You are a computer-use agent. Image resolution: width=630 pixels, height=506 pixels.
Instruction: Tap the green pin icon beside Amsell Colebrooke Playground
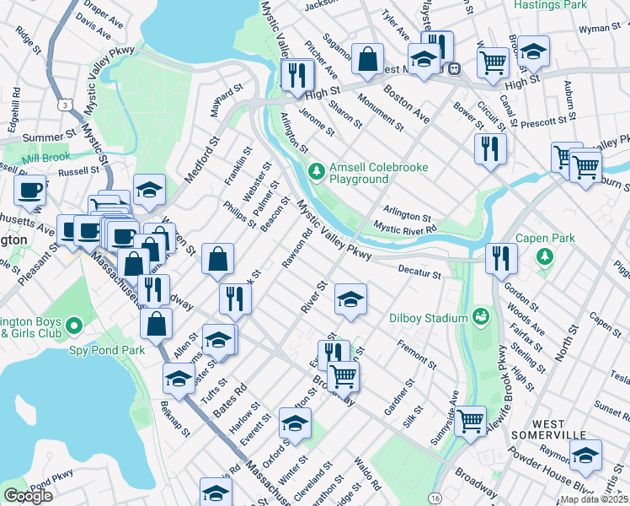tap(316, 172)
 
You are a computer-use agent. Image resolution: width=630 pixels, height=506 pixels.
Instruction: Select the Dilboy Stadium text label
tap(428, 318)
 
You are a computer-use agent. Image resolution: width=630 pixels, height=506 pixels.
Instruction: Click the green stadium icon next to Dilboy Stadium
tap(481, 317)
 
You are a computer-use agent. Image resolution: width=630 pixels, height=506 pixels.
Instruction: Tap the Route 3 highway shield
tap(64, 104)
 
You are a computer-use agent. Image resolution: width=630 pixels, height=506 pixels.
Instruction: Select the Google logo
tap(28, 496)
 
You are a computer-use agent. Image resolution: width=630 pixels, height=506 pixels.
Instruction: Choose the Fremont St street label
tap(416, 354)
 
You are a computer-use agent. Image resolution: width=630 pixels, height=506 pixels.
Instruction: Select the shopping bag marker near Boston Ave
tap(367, 59)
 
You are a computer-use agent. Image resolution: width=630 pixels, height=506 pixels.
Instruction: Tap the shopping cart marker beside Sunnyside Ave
tap(470, 419)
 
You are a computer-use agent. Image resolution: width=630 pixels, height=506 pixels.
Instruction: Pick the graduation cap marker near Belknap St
tap(179, 380)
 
